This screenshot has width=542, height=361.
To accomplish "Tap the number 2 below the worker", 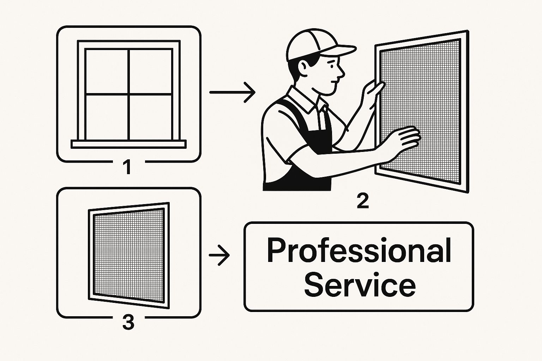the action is [x=363, y=201].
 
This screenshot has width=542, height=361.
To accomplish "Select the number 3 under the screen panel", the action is [x=128, y=323].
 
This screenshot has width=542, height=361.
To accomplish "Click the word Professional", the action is [x=359, y=251].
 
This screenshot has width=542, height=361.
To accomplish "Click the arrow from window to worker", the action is [x=232, y=92].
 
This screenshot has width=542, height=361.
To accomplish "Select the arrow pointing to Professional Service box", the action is [x=219, y=255].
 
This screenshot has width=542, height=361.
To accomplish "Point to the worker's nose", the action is [x=341, y=73].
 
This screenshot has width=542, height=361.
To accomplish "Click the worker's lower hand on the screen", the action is [x=404, y=140].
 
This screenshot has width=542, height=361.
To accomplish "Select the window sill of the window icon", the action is [x=129, y=144].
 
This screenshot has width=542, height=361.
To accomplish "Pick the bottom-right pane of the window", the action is [x=151, y=117].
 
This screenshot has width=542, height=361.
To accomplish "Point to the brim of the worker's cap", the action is [x=339, y=51].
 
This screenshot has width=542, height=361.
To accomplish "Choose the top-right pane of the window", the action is [x=151, y=71].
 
